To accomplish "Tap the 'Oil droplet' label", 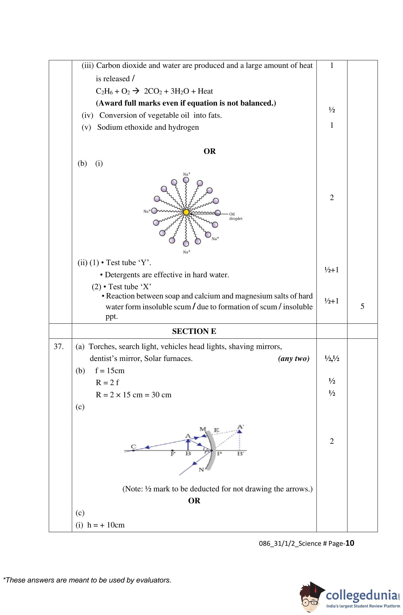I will [236, 216].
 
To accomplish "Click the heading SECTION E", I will [194, 331].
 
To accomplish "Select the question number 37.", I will [59, 347].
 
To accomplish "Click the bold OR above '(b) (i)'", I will [209, 151].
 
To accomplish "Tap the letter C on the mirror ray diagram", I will [133, 446].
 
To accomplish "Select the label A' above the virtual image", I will [240, 427].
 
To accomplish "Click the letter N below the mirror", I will [201, 470].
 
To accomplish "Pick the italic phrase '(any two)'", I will [293, 359].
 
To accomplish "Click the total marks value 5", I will [362, 306].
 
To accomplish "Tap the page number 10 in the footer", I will [350, 543].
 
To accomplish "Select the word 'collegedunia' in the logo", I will [361, 595].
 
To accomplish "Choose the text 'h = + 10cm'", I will [106, 525].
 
